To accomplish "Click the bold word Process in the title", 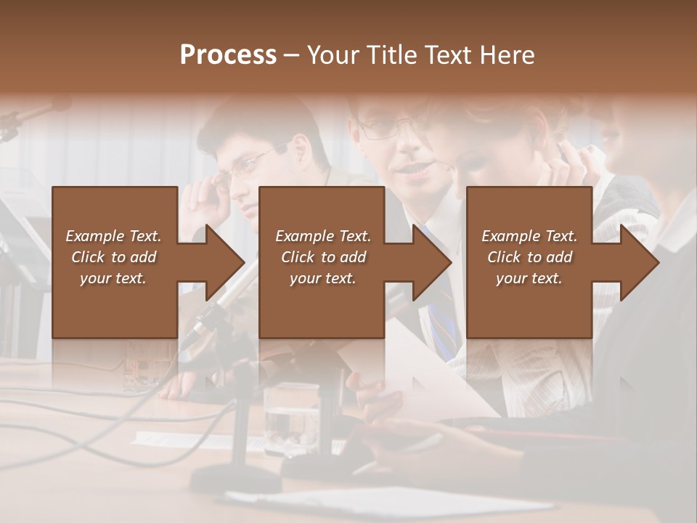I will (228, 55).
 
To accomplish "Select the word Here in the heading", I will (508, 55).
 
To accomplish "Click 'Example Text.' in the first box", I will (114, 236).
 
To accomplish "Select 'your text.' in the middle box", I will (322, 278).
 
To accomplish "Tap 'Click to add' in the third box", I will (529, 257).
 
